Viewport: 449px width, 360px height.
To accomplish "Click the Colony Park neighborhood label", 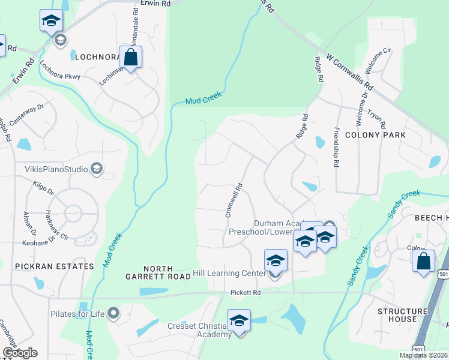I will tap(379, 135).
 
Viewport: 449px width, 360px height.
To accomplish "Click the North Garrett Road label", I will tap(167, 273).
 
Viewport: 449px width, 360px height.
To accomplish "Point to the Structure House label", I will tap(402, 315).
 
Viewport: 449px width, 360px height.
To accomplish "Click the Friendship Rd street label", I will tap(336, 147).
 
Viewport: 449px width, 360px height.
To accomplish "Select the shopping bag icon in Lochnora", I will tap(130, 58).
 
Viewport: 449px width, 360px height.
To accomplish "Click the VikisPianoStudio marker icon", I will tap(95, 169).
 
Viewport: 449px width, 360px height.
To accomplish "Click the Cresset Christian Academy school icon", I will tap(239, 320).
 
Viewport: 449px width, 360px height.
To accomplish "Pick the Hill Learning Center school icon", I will tap(276, 260).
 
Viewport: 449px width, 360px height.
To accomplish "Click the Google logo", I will tap(20, 353).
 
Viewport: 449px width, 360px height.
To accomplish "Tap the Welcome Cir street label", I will tap(382, 60).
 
